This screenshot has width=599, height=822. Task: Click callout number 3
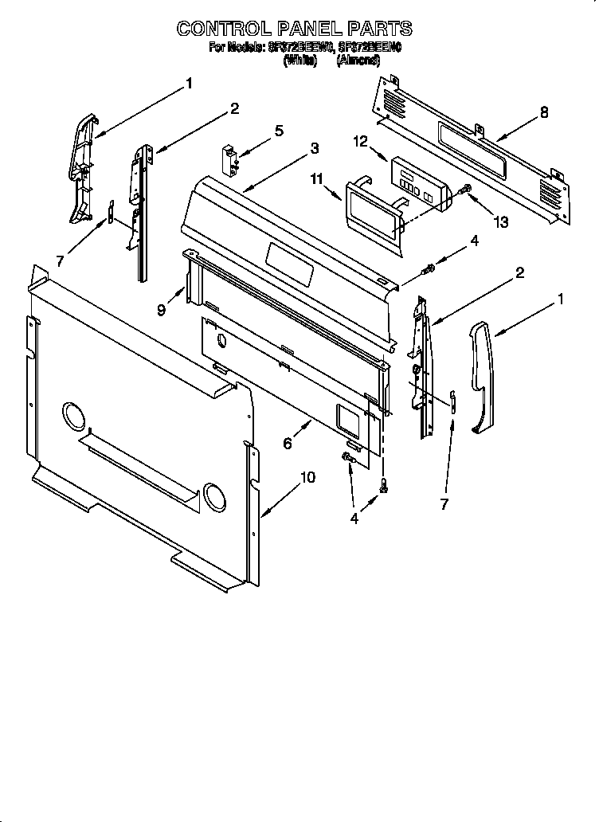[x=315, y=148]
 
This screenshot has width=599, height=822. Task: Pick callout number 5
[x=278, y=131]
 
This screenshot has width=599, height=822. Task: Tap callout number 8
[x=544, y=112]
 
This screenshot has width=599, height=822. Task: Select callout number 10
[x=307, y=478]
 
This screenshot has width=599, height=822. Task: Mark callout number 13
[x=501, y=222]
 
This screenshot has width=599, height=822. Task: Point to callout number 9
[x=162, y=311]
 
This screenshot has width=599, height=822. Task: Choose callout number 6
[x=288, y=444]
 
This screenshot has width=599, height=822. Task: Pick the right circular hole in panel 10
[x=215, y=495]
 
